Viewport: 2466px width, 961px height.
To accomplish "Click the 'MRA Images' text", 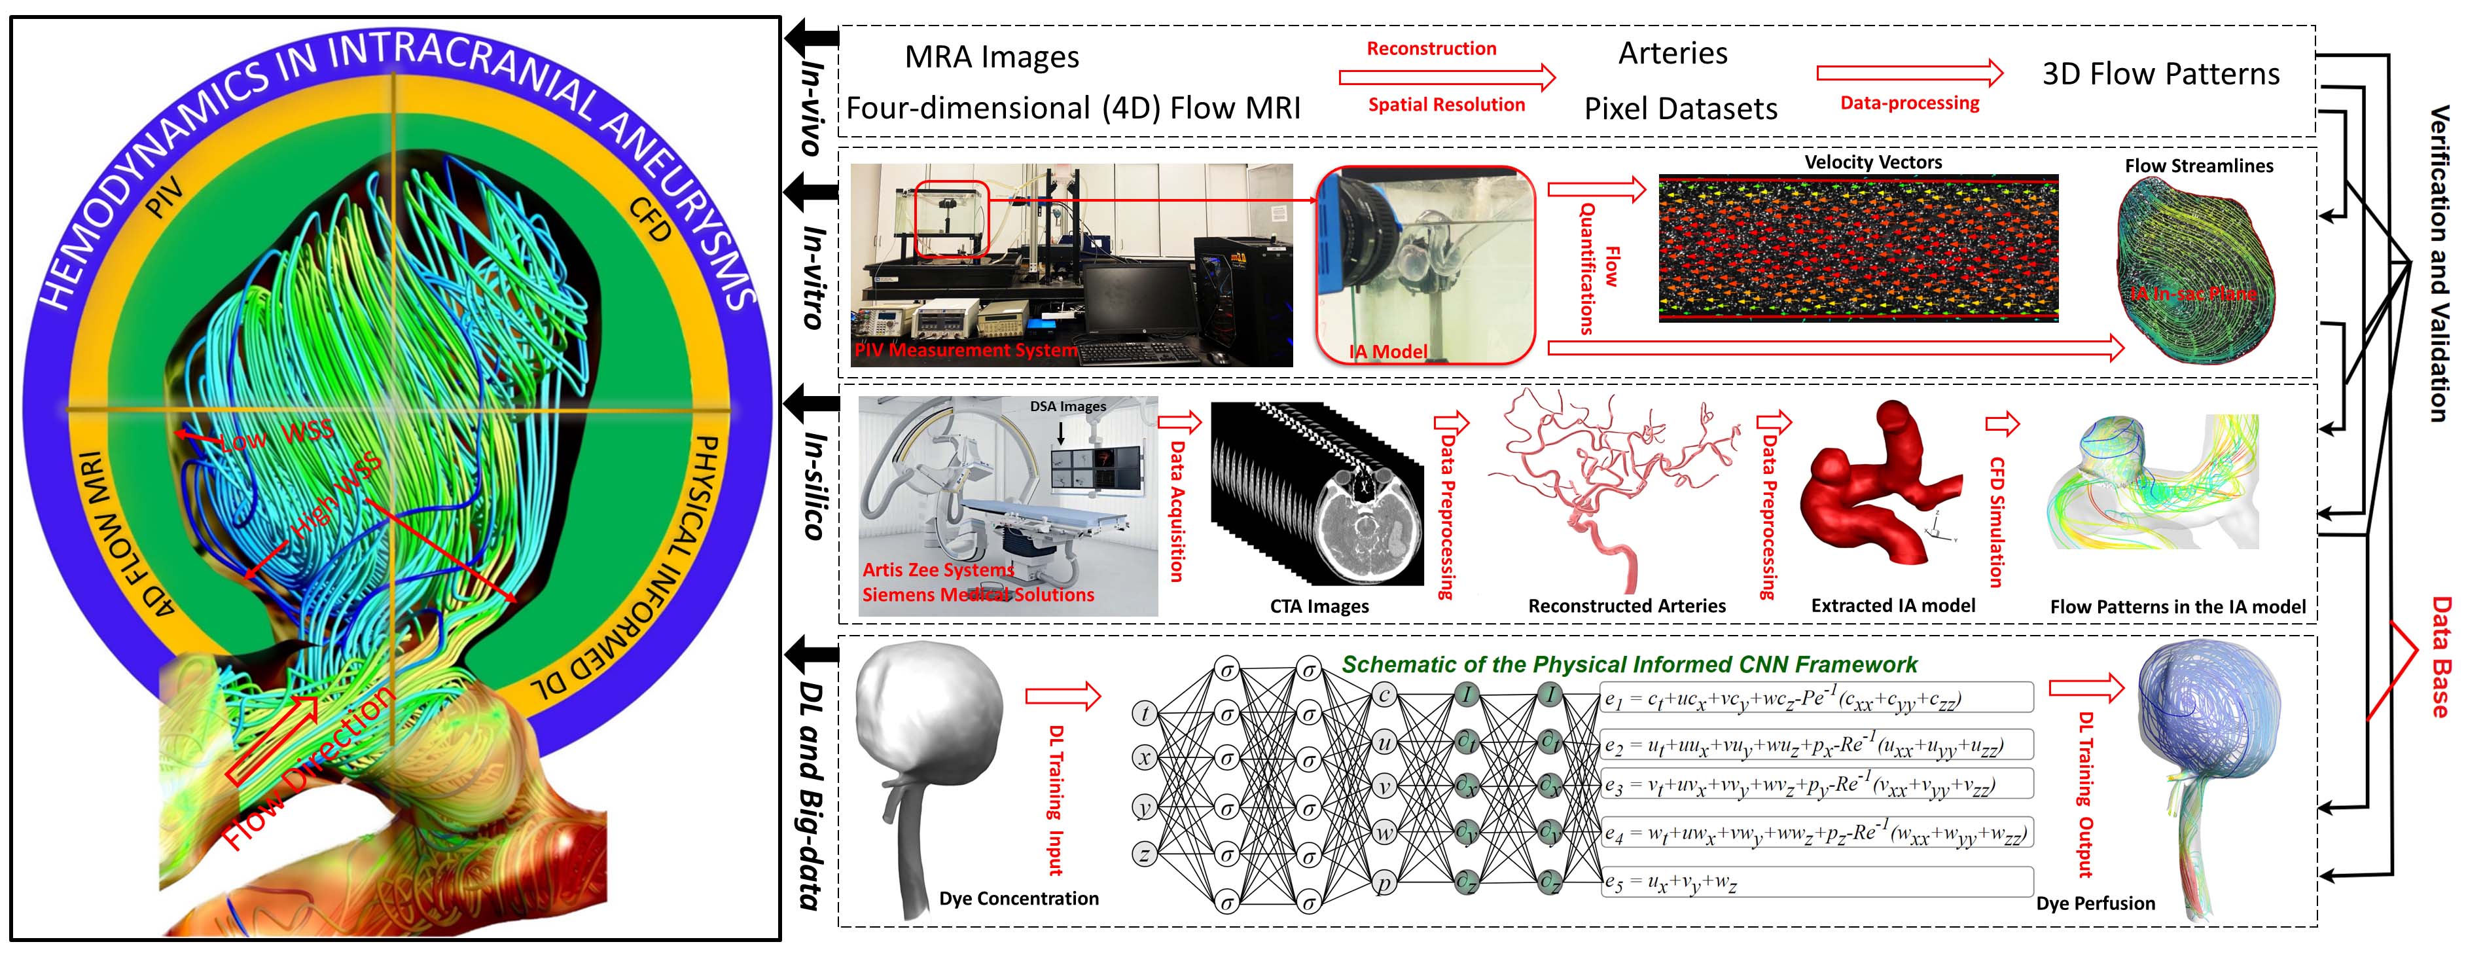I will [x=992, y=58].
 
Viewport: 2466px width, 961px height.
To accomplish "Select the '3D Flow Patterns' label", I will [x=2160, y=74].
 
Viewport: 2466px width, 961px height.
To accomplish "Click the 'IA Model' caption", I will [x=1388, y=352].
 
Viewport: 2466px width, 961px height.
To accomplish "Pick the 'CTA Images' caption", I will [x=1319, y=606].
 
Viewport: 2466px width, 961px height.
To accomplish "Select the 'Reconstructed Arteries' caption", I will [x=1626, y=606].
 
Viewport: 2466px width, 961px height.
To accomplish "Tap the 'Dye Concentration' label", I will [x=1018, y=898].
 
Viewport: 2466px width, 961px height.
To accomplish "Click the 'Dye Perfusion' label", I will [x=2096, y=903].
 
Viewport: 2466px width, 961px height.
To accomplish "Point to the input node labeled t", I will [x=1145, y=713].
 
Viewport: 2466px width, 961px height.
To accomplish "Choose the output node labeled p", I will [x=1384, y=882].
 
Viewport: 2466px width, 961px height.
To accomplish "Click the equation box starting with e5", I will [x=1816, y=882].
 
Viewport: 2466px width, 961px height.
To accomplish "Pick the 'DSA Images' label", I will [x=1067, y=407].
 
